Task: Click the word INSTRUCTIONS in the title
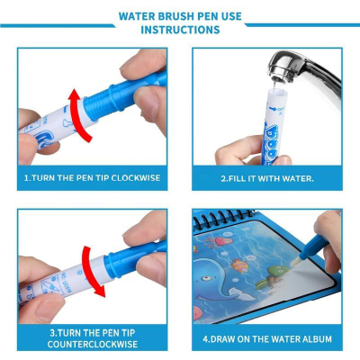point(180,30)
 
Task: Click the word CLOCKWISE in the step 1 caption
point(133,177)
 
